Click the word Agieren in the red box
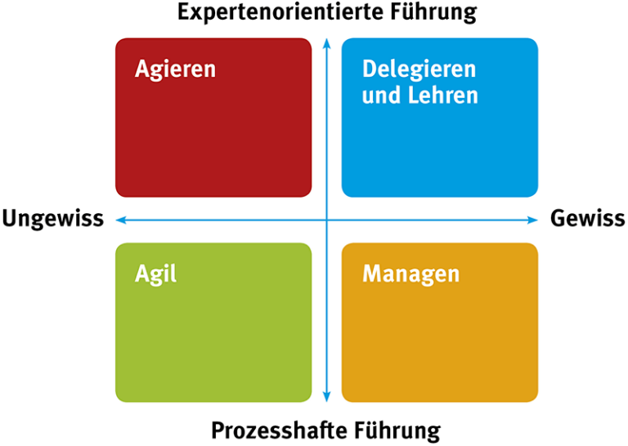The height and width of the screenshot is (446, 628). tap(176, 69)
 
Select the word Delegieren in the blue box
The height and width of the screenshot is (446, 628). tap(419, 69)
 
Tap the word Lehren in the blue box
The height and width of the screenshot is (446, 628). tap(443, 96)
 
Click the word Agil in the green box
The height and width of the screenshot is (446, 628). tap(155, 274)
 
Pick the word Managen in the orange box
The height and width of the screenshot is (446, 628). tap(411, 274)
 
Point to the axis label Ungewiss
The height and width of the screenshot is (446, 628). tap(53, 219)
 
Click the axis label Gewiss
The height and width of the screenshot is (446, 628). tap(588, 218)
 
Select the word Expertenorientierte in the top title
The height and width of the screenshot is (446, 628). tap(281, 11)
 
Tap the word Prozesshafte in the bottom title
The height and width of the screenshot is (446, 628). tap(280, 430)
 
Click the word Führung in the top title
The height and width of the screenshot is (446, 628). tap(434, 12)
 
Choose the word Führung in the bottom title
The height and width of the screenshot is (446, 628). tap(397, 431)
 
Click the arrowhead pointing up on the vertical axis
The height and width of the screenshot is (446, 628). tap(327, 42)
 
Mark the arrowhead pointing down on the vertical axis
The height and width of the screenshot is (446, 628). tap(327, 397)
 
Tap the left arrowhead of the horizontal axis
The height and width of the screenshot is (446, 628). tap(120, 220)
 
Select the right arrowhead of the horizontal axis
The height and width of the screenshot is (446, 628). tap(533, 220)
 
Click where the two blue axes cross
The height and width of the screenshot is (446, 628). tap(327, 220)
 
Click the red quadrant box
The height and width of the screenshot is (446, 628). tap(213, 118)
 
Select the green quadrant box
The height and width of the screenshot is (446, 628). tap(213, 323)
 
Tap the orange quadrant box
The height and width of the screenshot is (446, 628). tap(440, 323)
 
